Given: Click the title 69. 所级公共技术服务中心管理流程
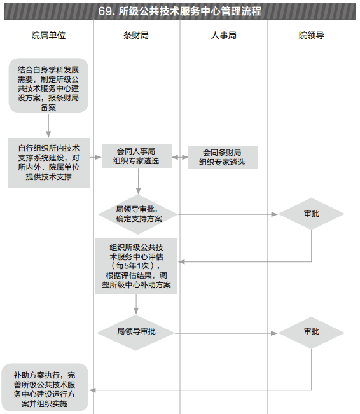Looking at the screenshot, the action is point(179,11).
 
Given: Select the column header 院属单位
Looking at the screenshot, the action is point(48,35).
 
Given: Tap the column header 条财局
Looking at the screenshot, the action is point(136,35).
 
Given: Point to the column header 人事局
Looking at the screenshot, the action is point(223,35).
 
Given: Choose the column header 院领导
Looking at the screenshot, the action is point(312,35).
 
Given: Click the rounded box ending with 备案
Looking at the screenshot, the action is point(48,86).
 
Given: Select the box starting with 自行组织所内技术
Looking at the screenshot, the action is point(48,163).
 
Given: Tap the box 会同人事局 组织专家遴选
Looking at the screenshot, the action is point(137,156).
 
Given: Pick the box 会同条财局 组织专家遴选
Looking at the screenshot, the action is point(223,157).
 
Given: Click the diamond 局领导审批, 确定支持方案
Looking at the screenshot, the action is point(138,214).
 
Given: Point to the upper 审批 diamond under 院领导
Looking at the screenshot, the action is point(312,214).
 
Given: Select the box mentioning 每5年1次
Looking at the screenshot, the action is point(136,266).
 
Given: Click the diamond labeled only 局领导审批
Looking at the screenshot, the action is point(135,333).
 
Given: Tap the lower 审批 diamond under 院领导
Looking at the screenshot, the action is point(312,333).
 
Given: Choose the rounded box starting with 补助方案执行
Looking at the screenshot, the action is point(45,387).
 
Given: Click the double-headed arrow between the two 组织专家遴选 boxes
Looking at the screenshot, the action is point(180,157).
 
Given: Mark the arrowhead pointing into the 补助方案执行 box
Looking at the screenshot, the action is point(92,390).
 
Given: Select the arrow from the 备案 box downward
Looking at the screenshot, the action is point(48,126).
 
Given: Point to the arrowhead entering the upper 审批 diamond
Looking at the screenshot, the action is point(275,214).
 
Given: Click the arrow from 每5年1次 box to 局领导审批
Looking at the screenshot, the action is point(136,304).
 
